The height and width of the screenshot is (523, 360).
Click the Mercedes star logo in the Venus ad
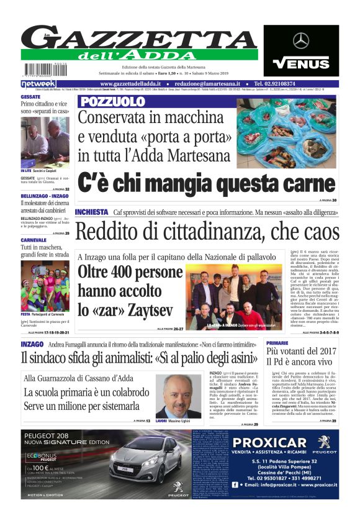tap(300, 41)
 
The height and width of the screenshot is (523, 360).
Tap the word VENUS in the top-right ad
tap(301, 63)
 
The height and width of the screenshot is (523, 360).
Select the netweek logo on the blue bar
tap(38, 83)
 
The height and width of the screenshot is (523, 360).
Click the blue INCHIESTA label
tap(91, 212)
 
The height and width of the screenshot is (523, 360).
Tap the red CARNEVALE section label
tap(34, 239)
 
